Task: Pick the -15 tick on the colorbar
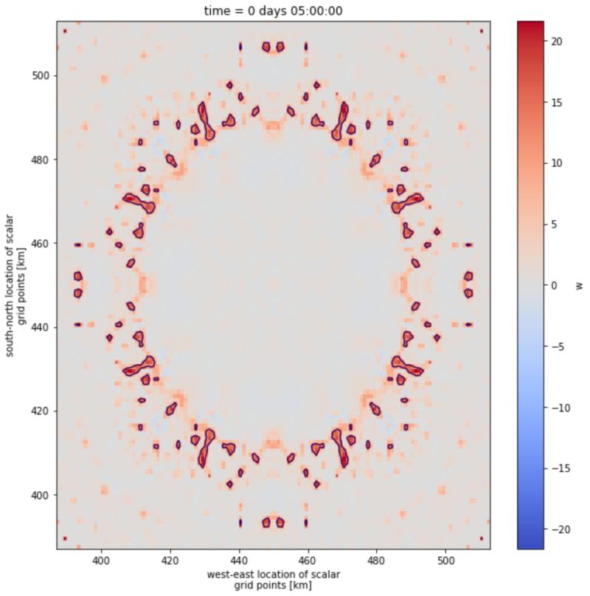click(560, 467)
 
